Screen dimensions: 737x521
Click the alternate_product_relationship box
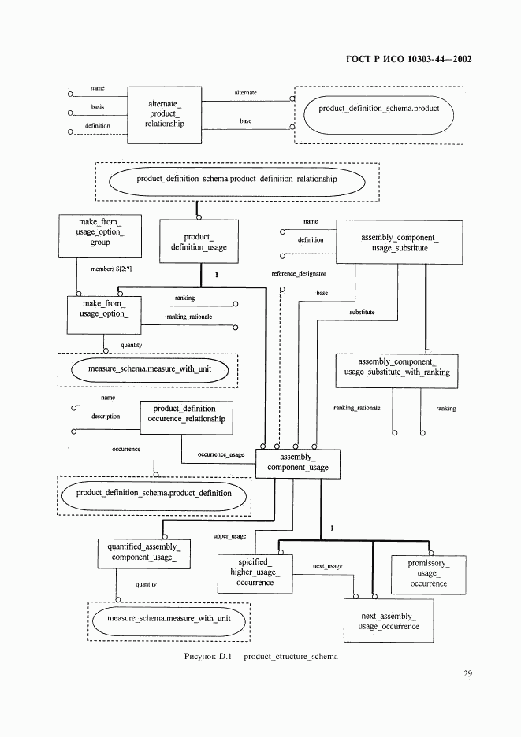click(165, 113)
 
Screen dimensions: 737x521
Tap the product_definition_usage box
click(199, 242)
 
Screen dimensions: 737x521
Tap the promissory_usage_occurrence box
click(428, 573)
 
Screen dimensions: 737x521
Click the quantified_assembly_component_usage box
click(143, 552)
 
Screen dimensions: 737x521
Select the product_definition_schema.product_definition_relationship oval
click(236, 180)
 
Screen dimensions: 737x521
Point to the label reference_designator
click(299, 273)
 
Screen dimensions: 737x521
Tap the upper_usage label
click(230, 536)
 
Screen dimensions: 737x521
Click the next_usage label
click(327, 566)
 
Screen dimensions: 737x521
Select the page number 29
click(467, 673)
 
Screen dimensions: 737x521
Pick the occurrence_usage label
click(221, 454)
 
